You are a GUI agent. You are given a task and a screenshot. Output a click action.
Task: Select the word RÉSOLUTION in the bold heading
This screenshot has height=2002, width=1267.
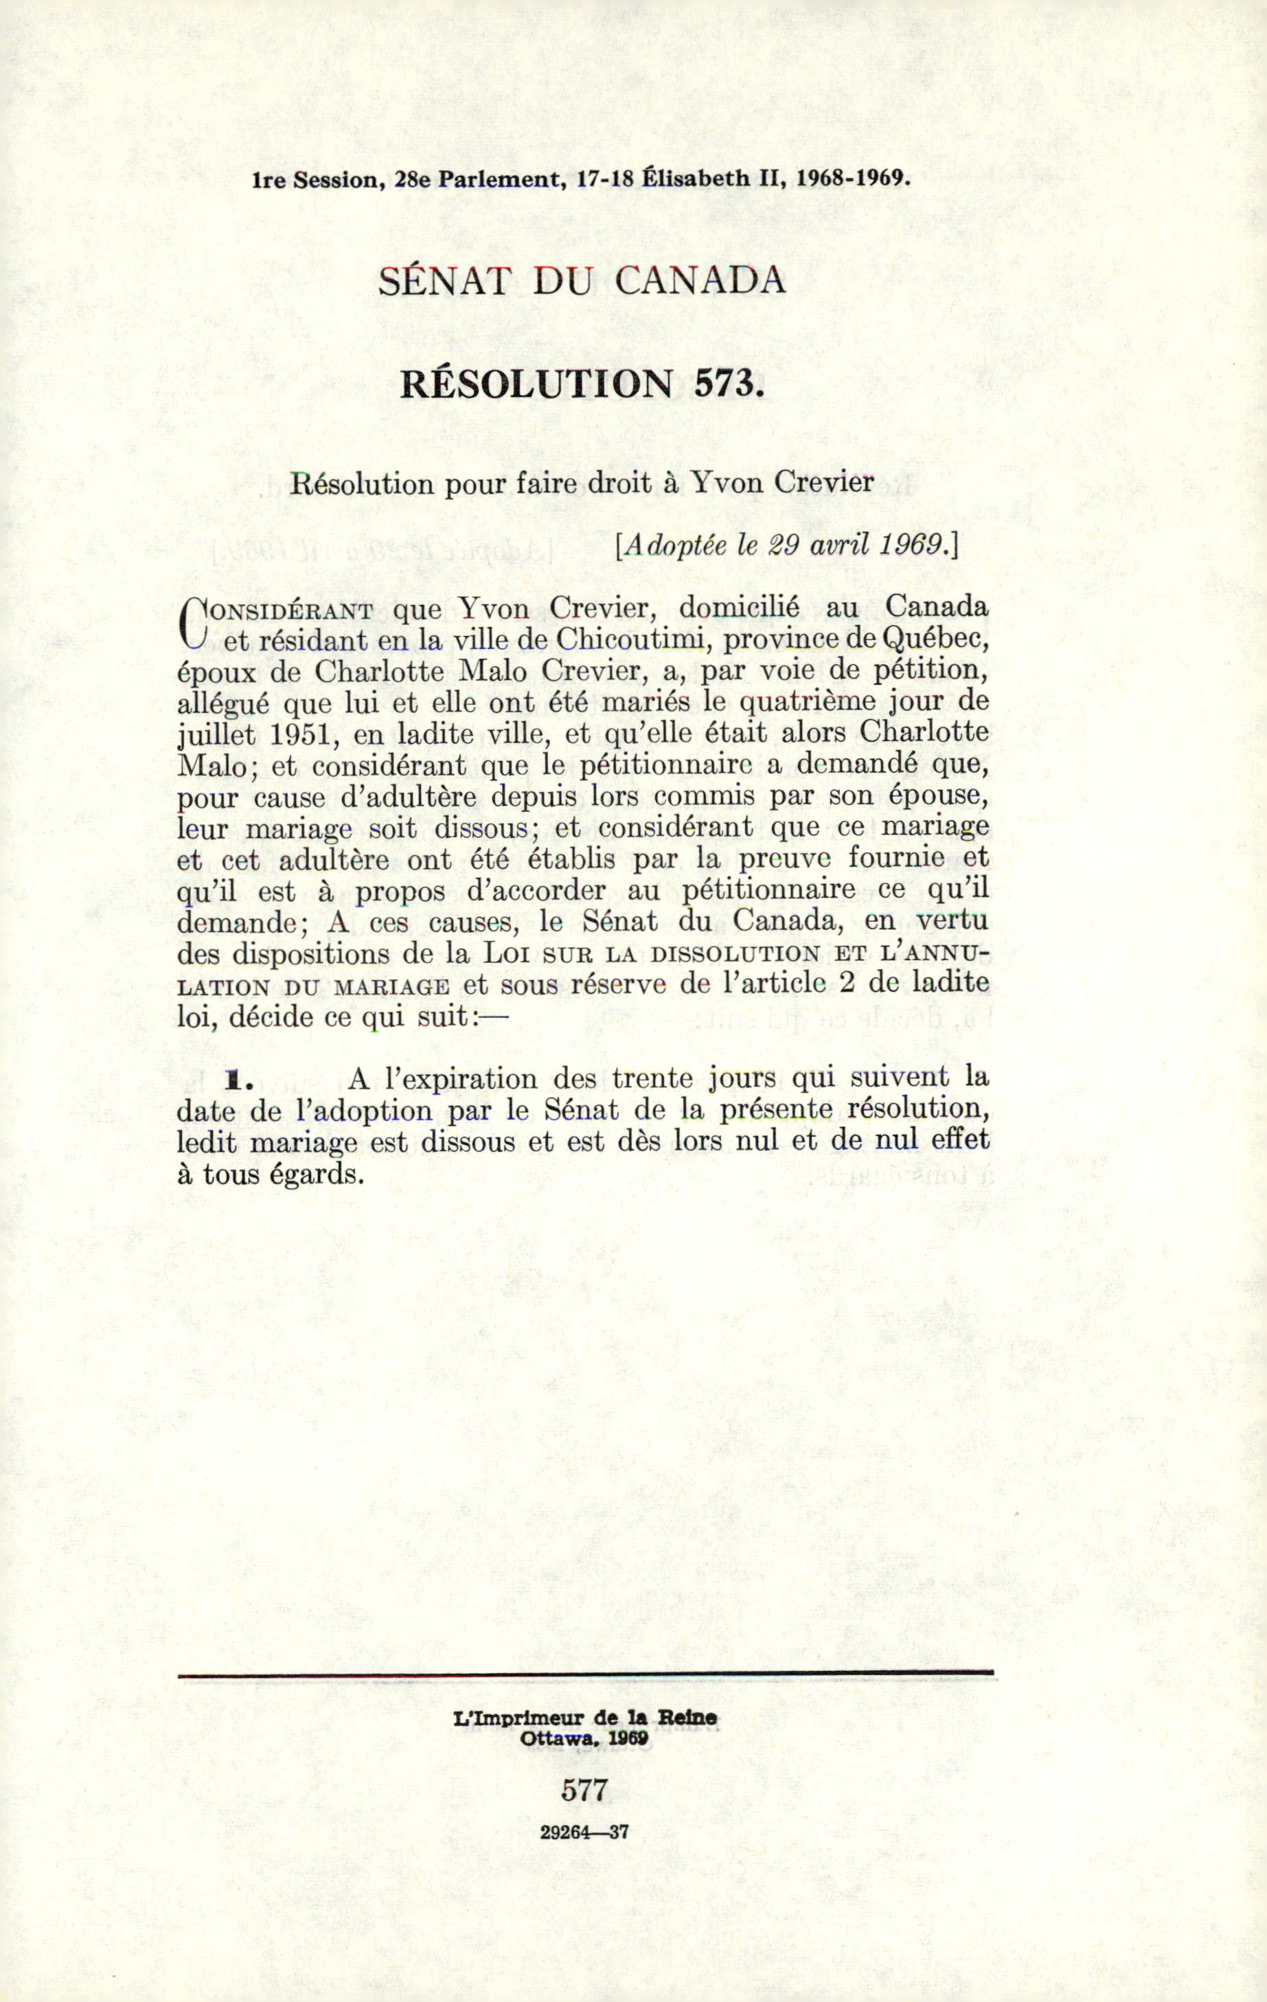tap(536, 383)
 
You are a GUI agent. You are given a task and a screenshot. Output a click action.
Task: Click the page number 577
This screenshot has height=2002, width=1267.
tap(585, 1788)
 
